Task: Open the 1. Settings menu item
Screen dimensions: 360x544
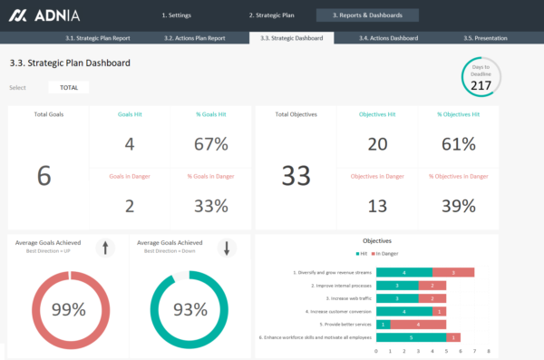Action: click(176, 15)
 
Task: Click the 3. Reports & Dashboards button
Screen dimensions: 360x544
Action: click(367, 15)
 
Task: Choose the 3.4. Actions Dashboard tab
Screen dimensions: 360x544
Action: click(388, 38)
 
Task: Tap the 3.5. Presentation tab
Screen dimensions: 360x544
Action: click(485, 38)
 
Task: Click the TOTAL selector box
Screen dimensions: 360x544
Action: click(69, 88)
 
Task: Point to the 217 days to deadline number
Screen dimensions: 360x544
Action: click(481, 85)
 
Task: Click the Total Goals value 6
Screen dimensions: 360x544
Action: click(44, 176)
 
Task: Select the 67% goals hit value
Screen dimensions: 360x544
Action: click(210, 144)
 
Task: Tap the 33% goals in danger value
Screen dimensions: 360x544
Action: click(210, 206)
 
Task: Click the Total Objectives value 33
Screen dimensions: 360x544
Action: click(296, 176)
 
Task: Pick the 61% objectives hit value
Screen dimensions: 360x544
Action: click(457, 144)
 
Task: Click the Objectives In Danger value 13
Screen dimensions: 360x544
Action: click(377, 206)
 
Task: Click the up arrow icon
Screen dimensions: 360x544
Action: click(105, 248)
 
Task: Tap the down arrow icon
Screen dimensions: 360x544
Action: click(227, 248)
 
